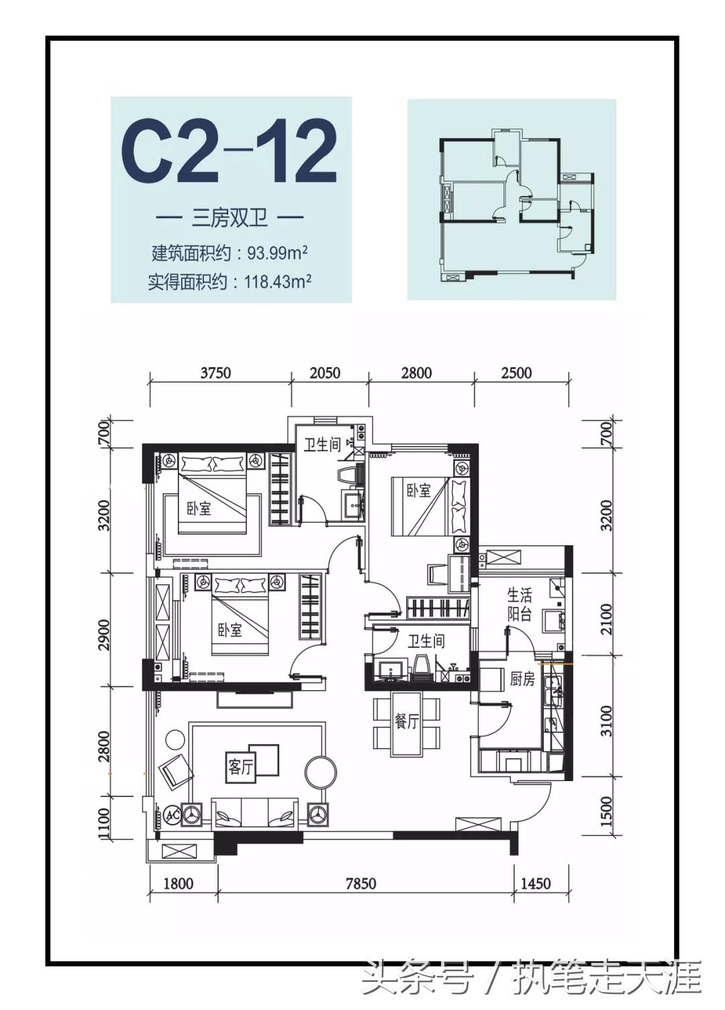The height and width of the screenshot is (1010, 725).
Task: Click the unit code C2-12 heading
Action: point(229,151)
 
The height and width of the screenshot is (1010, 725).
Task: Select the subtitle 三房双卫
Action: point(230,218)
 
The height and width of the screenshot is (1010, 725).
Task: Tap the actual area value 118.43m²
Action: point(277,282)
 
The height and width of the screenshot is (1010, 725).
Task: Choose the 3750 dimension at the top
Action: point(215,373)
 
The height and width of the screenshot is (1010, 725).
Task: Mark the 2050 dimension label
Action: point(325,373)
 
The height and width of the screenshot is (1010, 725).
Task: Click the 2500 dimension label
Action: point(516,373)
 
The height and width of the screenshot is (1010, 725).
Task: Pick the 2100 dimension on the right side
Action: point(606,618)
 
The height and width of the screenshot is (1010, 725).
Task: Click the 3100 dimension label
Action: point(606,721)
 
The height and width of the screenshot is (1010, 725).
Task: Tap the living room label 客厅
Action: point(240,766)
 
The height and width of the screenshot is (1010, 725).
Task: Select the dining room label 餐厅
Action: point(406,722)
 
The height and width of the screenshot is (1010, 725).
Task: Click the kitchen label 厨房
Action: point(522,679)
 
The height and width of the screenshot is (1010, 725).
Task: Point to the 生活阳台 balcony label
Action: point(519,604)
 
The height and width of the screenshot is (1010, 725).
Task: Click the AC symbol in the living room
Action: point(172,815)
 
